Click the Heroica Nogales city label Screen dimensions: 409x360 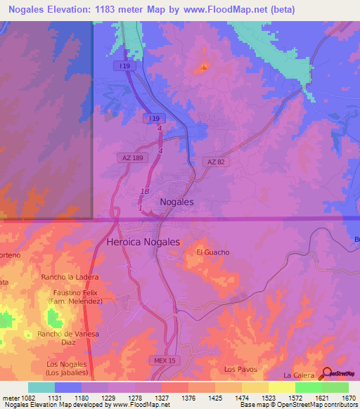[x=143, y=242]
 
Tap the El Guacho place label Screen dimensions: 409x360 [x=213, y=252]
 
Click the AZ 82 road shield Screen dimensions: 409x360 [x=216, y=162]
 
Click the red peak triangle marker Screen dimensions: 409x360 [x=204, y=68]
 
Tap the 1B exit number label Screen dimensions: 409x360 [x=145, y=191]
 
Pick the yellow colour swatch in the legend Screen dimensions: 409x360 [x=281, y=387]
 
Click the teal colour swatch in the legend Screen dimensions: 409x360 [x=41, y=387]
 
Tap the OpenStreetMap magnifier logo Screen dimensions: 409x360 [x=328, y=375]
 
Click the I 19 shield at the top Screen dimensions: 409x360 [x=125, y=65]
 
